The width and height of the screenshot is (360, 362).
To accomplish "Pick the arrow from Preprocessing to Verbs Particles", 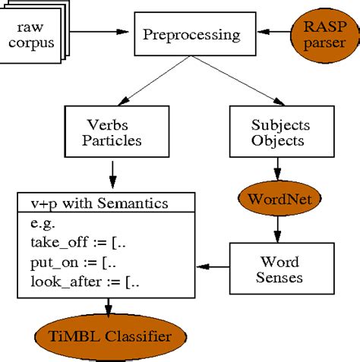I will pyautogui.click(x=152, y=83).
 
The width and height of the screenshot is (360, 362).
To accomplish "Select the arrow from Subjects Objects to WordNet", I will pyautogui.click(x=278, y=168).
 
